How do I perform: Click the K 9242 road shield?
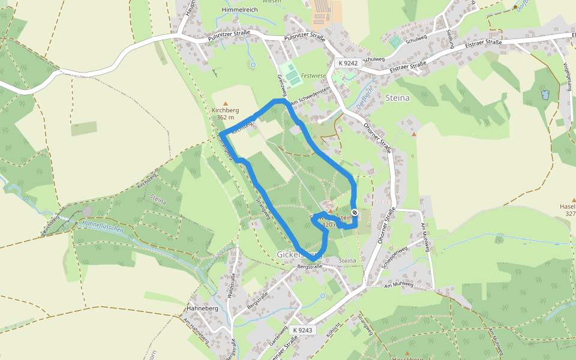[347, 63]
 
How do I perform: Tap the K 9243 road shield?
[304, 330]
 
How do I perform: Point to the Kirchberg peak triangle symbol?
[226, 104]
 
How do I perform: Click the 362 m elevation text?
[226, 118]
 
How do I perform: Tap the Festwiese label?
[313, 76]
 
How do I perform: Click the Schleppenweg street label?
[396, 255]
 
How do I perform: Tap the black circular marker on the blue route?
[355, 212]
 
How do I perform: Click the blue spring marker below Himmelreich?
[253, 64]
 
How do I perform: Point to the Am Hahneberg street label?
[197, 331]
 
